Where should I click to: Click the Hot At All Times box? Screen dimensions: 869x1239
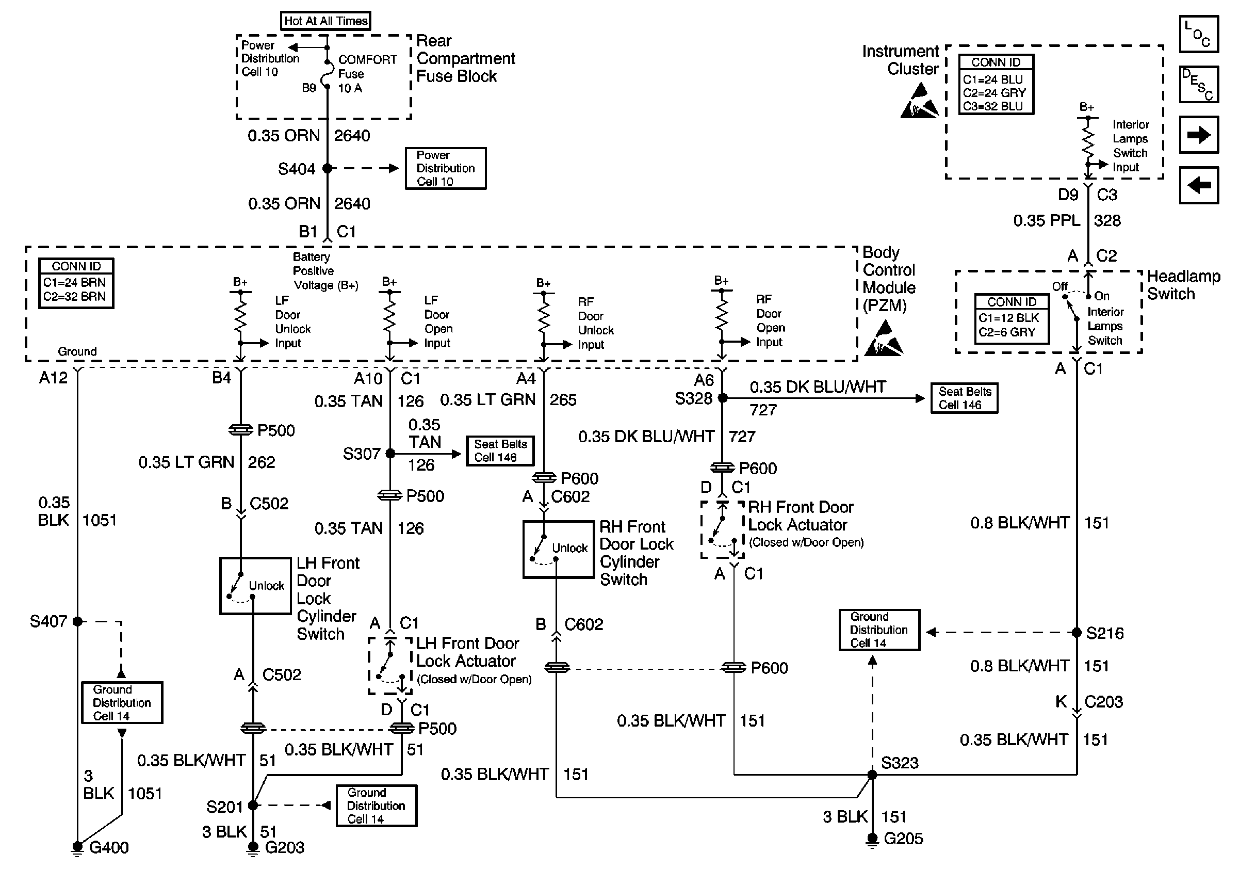coord(325,21)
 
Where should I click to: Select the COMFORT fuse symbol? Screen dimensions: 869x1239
coord(327,74)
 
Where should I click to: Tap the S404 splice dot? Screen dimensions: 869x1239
coord(327,168)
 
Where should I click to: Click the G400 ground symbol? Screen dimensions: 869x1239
coord(77,848)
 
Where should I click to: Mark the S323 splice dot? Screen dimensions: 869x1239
coord(872,775)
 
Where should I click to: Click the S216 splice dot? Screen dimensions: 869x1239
coord(1077,633)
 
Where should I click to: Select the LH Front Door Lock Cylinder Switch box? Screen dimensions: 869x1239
coord(255,586)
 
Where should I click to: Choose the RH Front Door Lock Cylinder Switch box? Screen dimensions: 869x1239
coord(559,549)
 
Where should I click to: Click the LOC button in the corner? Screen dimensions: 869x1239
coord(1199,34)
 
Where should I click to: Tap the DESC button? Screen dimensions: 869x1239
coord(1199,84)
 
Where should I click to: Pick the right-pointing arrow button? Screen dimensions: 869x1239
coord(1199,134)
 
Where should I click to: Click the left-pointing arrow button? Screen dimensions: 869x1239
coord(1199,185)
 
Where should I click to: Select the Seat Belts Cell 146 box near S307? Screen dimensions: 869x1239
coord(500,450)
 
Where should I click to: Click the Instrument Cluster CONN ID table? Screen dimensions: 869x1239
coord(996,84)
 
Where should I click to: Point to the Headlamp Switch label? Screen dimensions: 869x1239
coord(1183,285)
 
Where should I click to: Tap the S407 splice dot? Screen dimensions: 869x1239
coord(77,622)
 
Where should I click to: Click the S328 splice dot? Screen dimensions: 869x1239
coord(723,398)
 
